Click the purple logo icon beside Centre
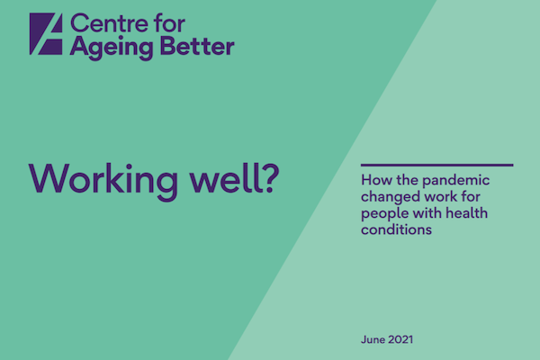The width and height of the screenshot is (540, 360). [46, 34]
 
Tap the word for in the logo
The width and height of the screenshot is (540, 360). [169, 23]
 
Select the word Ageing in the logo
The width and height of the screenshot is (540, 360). [111, 48]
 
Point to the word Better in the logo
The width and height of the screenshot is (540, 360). [197, 46]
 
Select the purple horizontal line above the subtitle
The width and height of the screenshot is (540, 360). [437, 165]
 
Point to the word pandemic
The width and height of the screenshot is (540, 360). [455, 181]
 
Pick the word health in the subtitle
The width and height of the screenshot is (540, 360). [466, 213]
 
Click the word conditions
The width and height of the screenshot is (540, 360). [396, 229]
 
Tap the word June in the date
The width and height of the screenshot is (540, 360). [373, 339]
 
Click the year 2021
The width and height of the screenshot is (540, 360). [400, 339]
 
